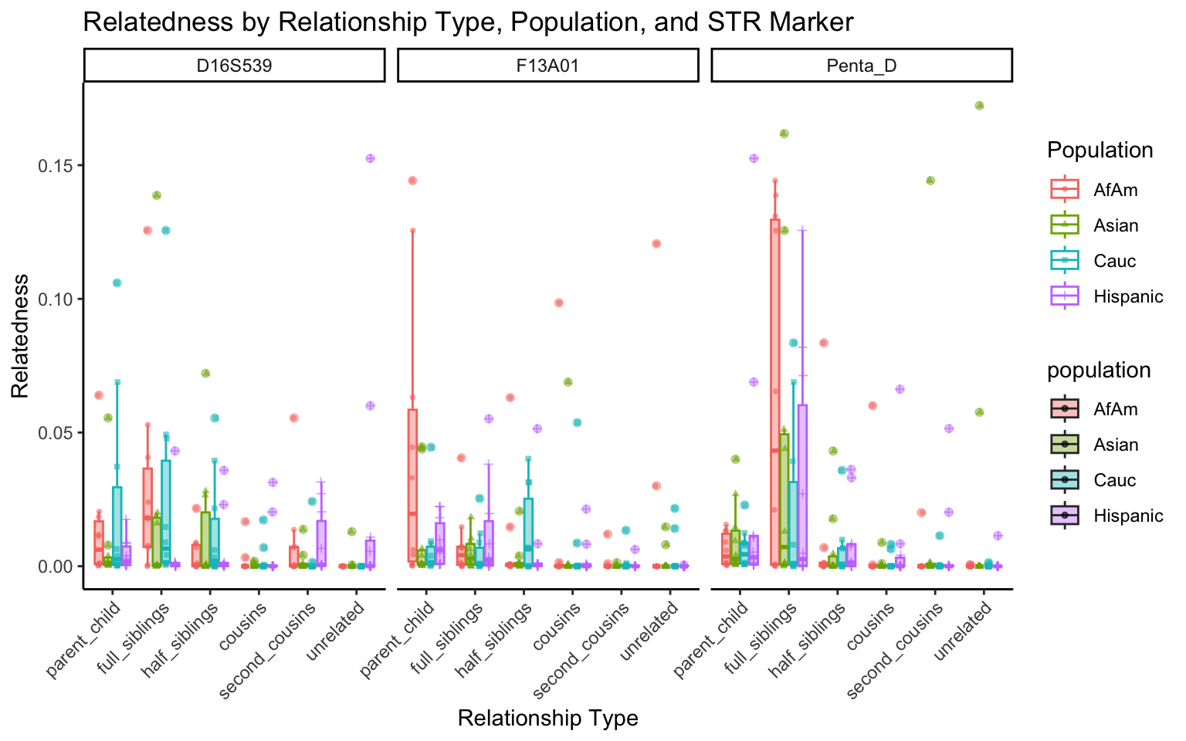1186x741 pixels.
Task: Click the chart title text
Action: point(467,22)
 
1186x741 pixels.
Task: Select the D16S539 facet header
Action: point(234,66)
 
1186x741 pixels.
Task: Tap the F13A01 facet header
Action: point(547,66)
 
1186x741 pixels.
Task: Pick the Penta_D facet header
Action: point(861,66)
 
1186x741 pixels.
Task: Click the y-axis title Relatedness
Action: point(20,336)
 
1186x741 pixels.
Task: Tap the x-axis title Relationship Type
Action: point(547,719)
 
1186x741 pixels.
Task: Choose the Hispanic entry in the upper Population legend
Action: point(1128,296)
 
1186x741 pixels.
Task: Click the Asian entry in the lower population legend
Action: point(1116,445)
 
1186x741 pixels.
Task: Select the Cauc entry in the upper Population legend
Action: point(1115,261)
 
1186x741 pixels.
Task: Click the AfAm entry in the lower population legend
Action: point(1116,409)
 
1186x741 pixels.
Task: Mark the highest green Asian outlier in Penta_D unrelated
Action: point(979,106)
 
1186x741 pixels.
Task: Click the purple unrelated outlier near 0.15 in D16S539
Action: point(370,158)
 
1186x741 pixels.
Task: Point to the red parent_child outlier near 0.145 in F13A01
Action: point(412,181)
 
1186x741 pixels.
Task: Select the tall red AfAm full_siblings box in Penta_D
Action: point(774,386)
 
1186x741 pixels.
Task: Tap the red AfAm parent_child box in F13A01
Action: point(412,486)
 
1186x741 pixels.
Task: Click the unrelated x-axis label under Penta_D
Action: point(964,631)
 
